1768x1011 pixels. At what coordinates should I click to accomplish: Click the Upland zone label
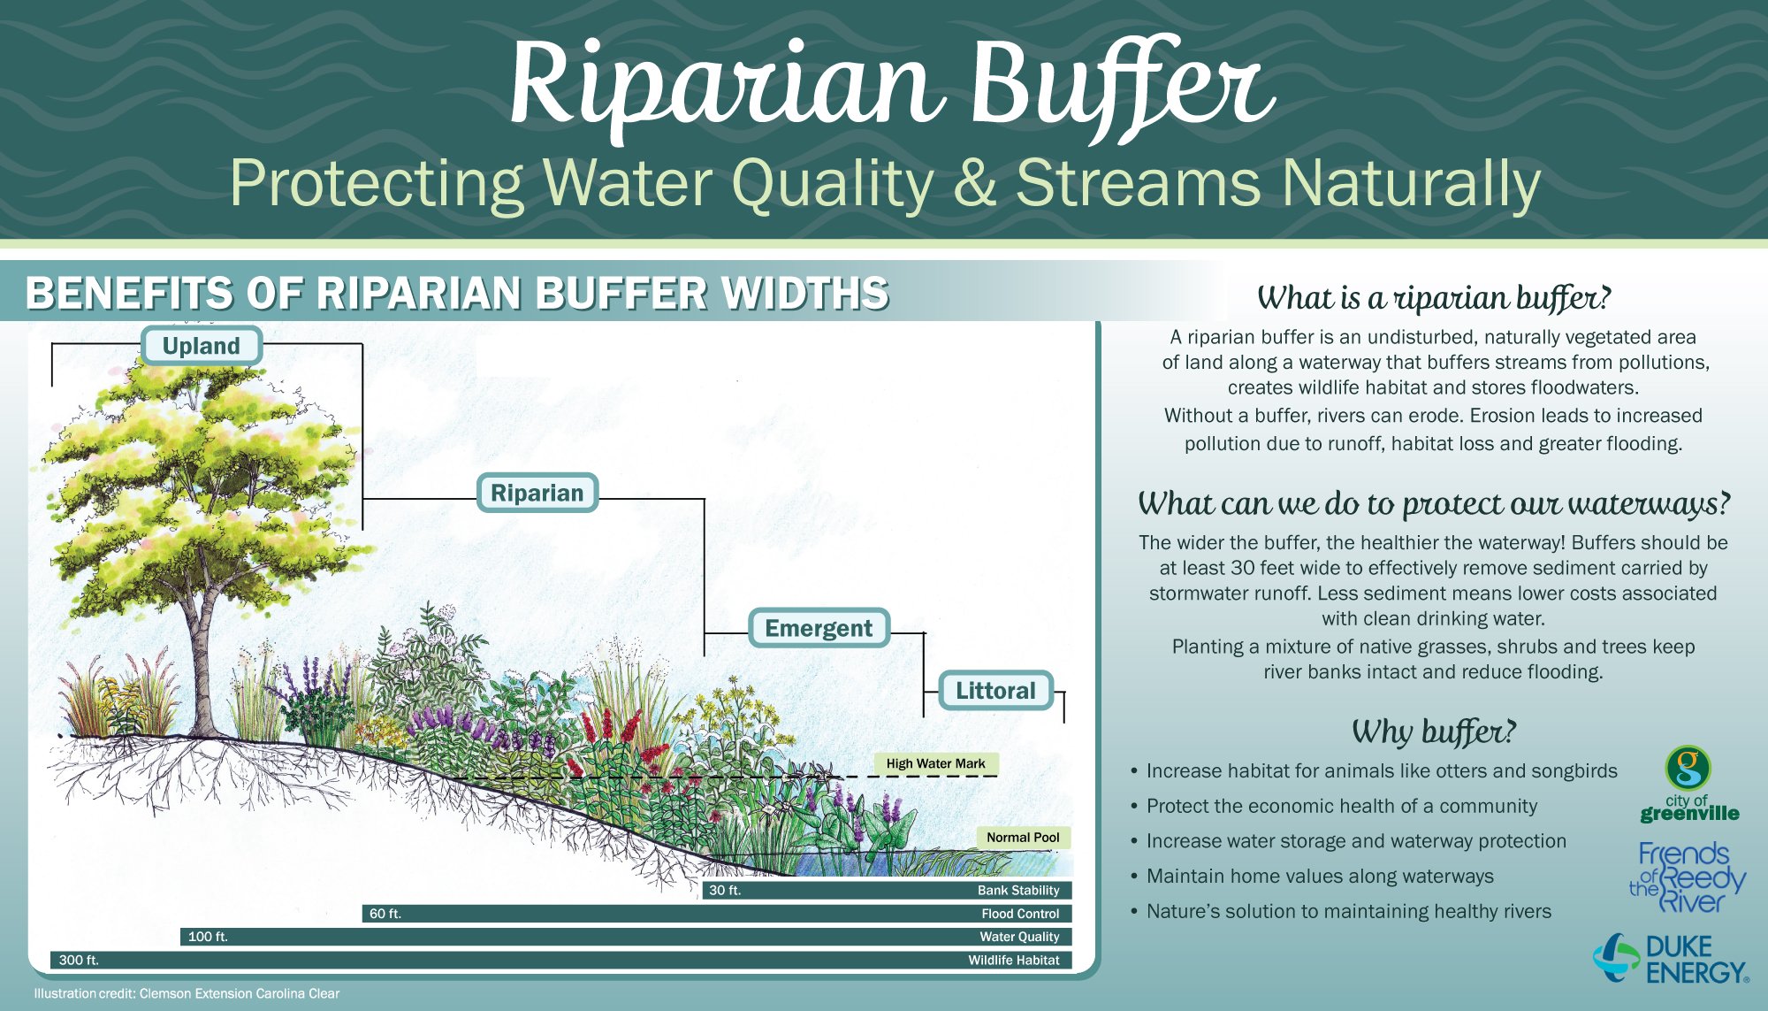pos(201,346)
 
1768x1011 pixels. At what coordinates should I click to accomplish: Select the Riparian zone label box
pos(537,493)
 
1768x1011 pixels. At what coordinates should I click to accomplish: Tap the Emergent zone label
pos(819,628)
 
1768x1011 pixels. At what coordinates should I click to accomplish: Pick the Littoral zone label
pos(995,691)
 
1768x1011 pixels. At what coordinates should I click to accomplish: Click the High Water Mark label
pos(935,763)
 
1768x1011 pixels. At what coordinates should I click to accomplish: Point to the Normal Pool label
pos(1023,838)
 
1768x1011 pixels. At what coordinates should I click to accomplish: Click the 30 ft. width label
pos(725,891)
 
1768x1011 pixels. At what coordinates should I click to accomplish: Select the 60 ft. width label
pos(385,914)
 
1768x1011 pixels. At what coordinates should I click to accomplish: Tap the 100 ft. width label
pos(208,937)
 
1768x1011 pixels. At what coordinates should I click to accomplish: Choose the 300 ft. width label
pos(79,960)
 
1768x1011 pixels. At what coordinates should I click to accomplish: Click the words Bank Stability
pos(1018,891)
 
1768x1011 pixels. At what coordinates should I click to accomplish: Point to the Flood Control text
pos(1020,914)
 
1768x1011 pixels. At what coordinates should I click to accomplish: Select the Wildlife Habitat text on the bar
pos(1014,960)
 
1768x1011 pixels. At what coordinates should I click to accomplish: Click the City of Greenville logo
pos(1689,784)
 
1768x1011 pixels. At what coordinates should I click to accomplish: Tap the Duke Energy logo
pos(1671,959)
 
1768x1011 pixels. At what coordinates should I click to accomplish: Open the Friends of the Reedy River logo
pos(1688,877)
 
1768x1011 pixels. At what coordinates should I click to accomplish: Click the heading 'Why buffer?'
pos(1433,731)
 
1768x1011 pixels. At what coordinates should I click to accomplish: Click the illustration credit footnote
pos(187,993)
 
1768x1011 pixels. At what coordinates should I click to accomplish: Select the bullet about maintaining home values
pos(1312,876)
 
